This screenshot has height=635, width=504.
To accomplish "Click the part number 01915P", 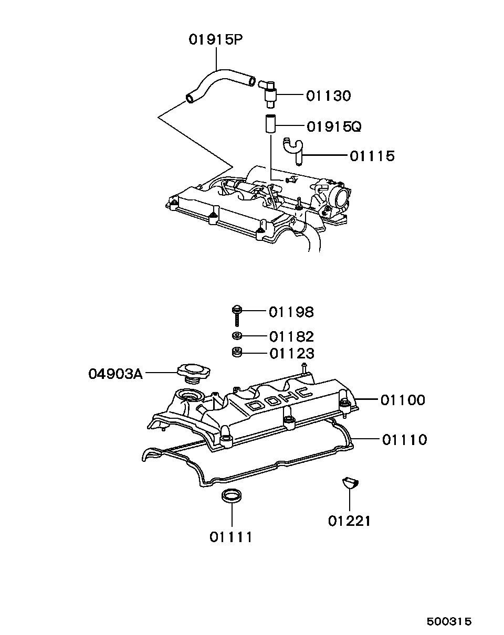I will coord(216,40).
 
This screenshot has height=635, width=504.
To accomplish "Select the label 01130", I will coord(328,96).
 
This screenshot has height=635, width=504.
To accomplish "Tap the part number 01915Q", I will coord(334,126).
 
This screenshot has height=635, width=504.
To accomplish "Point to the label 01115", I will coord(372,156).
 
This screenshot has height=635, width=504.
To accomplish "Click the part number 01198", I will coord(291,312).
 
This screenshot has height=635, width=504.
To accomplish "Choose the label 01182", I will coord(291,336).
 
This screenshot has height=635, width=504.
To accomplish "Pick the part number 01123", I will coord(291,353).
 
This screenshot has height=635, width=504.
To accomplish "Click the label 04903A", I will coord(115,374).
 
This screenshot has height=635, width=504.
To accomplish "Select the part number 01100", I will coord(403,400).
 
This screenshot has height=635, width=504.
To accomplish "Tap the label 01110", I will coord(404,439).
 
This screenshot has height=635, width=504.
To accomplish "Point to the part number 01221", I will coord(349,521).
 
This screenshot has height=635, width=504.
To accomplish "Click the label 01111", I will coord(231,537).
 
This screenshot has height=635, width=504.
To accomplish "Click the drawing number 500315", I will coord(449,621).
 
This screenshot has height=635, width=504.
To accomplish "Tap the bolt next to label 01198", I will coord(237,315).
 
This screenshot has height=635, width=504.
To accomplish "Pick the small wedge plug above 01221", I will coord(349,483).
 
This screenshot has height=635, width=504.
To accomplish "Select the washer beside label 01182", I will coord(237,336).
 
